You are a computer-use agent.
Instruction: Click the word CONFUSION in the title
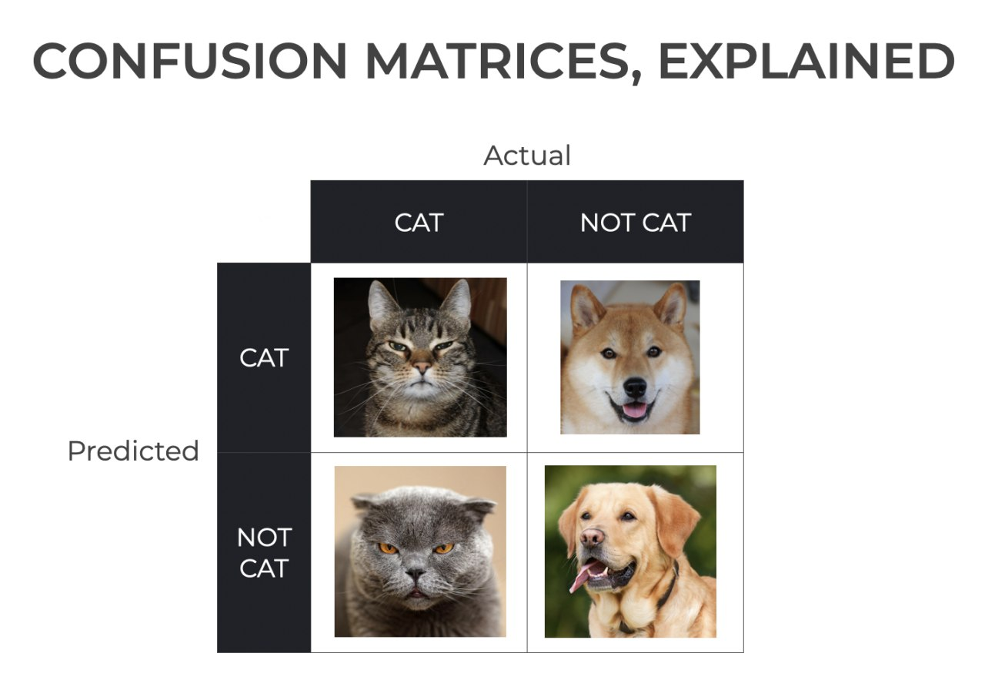tap(189, 61)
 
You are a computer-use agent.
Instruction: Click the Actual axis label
tap(527, 156)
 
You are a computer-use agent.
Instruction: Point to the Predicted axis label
tap(133, 451)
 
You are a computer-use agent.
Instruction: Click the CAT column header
tap(419, 223)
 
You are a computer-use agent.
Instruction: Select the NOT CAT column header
tap(636, 223)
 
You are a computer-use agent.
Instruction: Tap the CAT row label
tap(264, 357)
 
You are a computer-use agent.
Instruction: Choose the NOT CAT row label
tap(264, 553)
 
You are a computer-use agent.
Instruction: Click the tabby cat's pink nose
tap(422, 367)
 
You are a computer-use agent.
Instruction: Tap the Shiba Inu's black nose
tap(635, 387)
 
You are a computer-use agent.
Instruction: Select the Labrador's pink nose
tap(592, 537)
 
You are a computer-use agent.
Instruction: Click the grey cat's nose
tap(415, 573)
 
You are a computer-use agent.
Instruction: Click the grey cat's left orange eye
tap(388, 548)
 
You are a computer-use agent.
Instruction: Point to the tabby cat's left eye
tap(399, 347)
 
